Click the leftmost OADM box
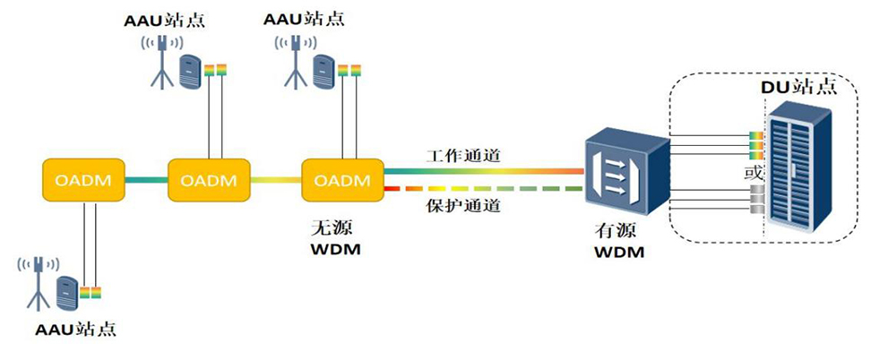[x=84, y=180]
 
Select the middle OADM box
[x=209, y=180]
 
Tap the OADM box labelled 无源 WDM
[x=342, y=180]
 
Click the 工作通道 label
[x=463, y=156]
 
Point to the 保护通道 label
[x=463, y=205]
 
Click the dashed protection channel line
[x=484, y=189]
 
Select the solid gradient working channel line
[x=484, y=171]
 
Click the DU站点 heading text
[x=799, y=87]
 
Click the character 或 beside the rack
[x=754, y=172]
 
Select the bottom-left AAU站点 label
[x=75, y=330]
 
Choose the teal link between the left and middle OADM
[x=147, y=180]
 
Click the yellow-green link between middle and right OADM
[x=276, y=180]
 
